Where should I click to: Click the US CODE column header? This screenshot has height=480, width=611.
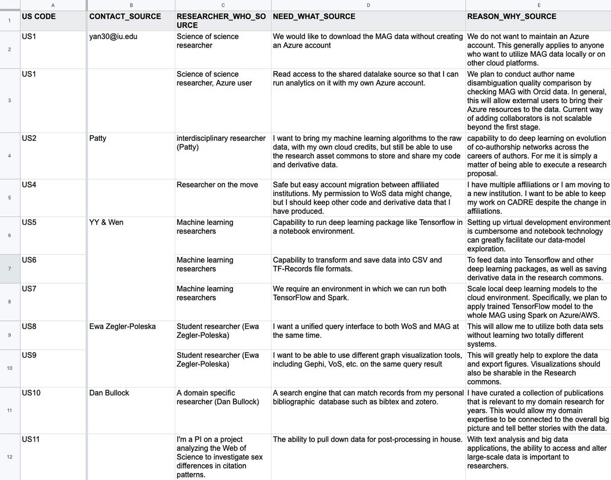(39, 16)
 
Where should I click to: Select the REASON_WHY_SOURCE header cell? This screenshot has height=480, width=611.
(511, 16)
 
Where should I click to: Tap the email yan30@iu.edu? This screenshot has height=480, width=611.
(113, 36)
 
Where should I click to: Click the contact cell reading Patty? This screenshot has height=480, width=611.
(98, 138)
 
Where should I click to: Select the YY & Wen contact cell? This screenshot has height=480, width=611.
(106, 222)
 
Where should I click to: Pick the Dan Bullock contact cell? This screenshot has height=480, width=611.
(109, 393)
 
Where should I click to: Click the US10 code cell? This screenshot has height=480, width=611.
(31, 393)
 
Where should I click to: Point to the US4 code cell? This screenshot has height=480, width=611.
(29, 184)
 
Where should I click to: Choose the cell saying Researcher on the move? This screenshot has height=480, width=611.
(217, 184)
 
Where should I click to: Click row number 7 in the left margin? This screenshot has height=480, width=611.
(9, 268)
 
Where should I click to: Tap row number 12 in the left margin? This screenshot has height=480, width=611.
(9, 456)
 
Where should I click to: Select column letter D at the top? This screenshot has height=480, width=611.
(368, 5)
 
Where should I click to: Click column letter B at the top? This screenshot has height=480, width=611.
(131, 5)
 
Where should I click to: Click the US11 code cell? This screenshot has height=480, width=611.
(31, 439)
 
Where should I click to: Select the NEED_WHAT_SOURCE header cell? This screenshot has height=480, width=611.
(314, 16)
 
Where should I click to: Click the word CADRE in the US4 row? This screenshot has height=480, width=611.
(517, 202)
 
